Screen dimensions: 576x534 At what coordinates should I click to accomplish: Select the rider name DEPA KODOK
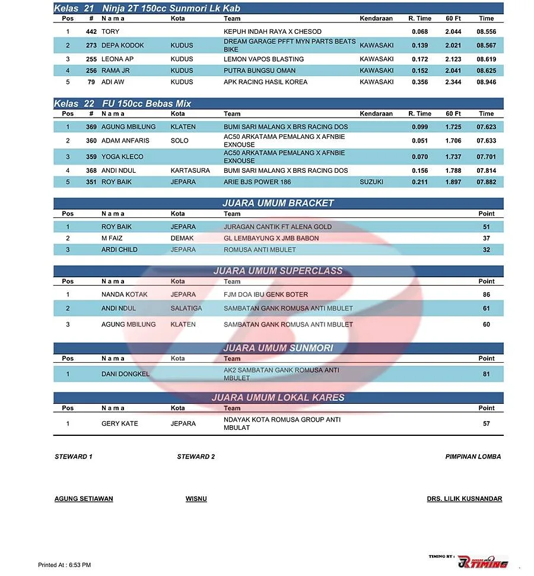pyautogui.click(x=123, y=45)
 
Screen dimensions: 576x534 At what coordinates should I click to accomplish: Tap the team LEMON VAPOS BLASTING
pyautogui.click(x=263, y=59)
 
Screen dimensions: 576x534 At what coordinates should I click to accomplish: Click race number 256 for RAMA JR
pyautogui.click(x=91, y=71)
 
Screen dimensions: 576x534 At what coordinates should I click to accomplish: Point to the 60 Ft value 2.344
pyautogui.click(x=453, y=82)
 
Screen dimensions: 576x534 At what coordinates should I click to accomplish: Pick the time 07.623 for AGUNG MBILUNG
pyautogui.click(x=486, y=127)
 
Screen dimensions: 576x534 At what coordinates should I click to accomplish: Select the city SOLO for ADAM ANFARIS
pyautogui.click(x=179, y=141)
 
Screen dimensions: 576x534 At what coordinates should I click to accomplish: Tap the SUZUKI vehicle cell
pyautogui.click(x=371, y=182)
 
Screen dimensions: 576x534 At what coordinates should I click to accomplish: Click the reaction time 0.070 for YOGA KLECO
pyautogui.click(x=419, y=157)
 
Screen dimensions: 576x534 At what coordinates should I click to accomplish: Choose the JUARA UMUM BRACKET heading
pyautogui.click(x=278, y=203)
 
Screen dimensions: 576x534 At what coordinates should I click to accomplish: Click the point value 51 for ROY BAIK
pyautogui.click(x=486, y=227)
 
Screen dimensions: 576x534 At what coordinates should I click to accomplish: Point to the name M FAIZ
pyautogui.click(x=112, y=238)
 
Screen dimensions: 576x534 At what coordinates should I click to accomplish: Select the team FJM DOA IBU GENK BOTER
pyautogui.click(x=266, y=295)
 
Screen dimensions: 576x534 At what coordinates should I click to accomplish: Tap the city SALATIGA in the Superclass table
pyautogui.click(x=186, y=308)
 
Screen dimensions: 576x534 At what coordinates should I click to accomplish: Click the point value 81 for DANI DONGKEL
pyautogui.click(x=486, y=374)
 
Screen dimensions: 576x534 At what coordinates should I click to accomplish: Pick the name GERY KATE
pyautogui.click(x=120, y=423)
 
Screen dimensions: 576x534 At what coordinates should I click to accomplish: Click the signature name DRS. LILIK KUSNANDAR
pyautogui.click(x=464, y=499)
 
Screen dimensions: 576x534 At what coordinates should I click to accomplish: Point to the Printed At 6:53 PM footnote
pyautogui.click(x=64, y=565)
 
